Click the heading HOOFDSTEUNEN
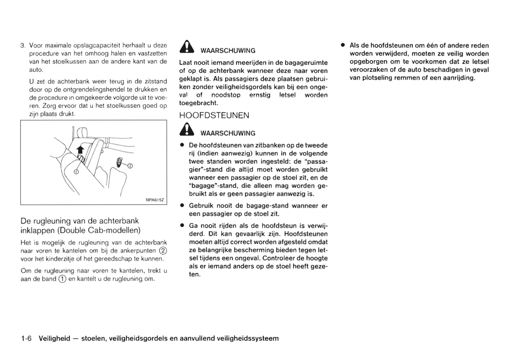[x=214, y=116]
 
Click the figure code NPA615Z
[x=155, y=200]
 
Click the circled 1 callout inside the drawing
[x=76, y=171]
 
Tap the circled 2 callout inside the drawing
[x=130, y=166]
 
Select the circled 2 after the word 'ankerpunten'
[x=163, y=250]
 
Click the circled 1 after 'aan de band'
[x=62, y=279]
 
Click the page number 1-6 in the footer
[x=27, y=338]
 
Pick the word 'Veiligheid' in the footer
[x=54, y=338]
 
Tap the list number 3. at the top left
[x=23, y=46]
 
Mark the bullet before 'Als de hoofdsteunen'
[x=343, y=45]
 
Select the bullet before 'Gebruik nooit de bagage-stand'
[x=182, y=206]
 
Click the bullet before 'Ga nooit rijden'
[x=182, y=226]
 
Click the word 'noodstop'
[x=226, y=95]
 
